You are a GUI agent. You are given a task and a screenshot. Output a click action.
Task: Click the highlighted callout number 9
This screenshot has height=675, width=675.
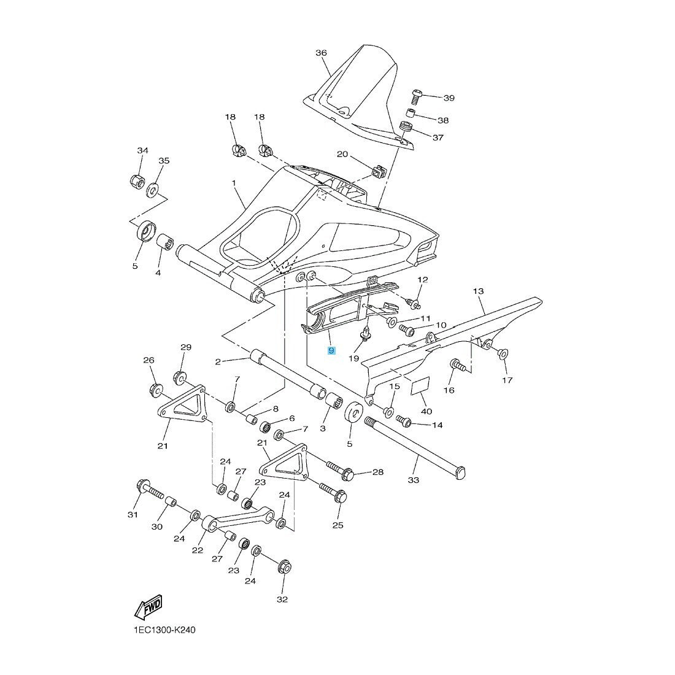331,350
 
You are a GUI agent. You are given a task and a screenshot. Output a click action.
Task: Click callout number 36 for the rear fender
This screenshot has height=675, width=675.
321,53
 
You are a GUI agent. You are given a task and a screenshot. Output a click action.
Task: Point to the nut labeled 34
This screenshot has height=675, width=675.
137,181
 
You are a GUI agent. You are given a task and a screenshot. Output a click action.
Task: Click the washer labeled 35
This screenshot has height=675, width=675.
152,188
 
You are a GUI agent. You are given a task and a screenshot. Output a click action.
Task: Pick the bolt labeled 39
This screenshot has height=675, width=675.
417,95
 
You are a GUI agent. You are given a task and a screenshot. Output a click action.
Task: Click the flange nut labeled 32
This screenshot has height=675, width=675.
285,566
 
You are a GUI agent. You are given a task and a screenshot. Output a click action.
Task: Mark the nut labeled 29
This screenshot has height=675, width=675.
181,377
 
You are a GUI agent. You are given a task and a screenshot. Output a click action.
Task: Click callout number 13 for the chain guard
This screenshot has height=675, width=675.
478,291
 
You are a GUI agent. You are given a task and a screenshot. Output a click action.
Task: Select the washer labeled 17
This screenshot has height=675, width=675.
502,353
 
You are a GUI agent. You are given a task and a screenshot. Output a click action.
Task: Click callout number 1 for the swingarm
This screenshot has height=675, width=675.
234,183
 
